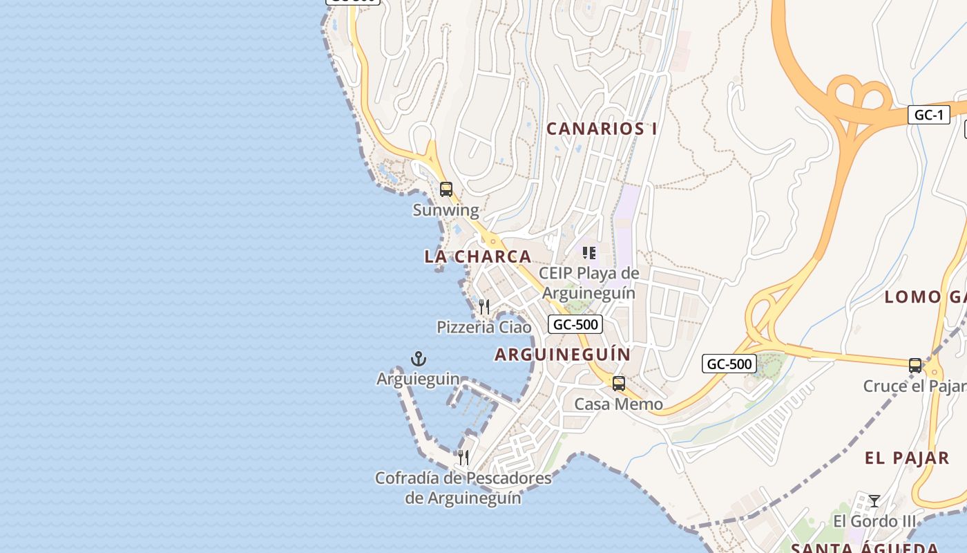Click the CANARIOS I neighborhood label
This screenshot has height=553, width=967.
point(602,129)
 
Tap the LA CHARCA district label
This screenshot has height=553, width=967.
point(478,256)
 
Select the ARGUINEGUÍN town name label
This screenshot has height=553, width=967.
point(563,355)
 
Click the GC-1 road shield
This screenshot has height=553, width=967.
point(928,115)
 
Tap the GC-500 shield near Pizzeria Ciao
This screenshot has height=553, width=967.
point(575,324)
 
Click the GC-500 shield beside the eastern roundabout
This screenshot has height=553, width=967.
point(729,364)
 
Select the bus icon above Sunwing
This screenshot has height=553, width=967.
point(446,189)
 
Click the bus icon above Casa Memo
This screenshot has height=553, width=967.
point(619,383)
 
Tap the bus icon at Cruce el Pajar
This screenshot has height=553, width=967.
point(915,365)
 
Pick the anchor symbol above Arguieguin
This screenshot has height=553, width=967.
point(419,359)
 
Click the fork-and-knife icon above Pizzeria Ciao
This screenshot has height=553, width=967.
point(484,306)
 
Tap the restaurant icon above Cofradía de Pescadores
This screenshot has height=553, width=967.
point(463,458)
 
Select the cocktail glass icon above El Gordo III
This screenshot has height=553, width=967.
point(874,501)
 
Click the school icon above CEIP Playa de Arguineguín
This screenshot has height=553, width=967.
point(588,253)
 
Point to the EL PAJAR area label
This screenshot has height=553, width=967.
point(907,458)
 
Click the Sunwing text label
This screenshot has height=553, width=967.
point(446,210)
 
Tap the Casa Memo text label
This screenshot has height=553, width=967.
point(619,404)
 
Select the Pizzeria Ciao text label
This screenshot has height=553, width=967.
point(484,327)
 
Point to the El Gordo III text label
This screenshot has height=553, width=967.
point(874,521)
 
